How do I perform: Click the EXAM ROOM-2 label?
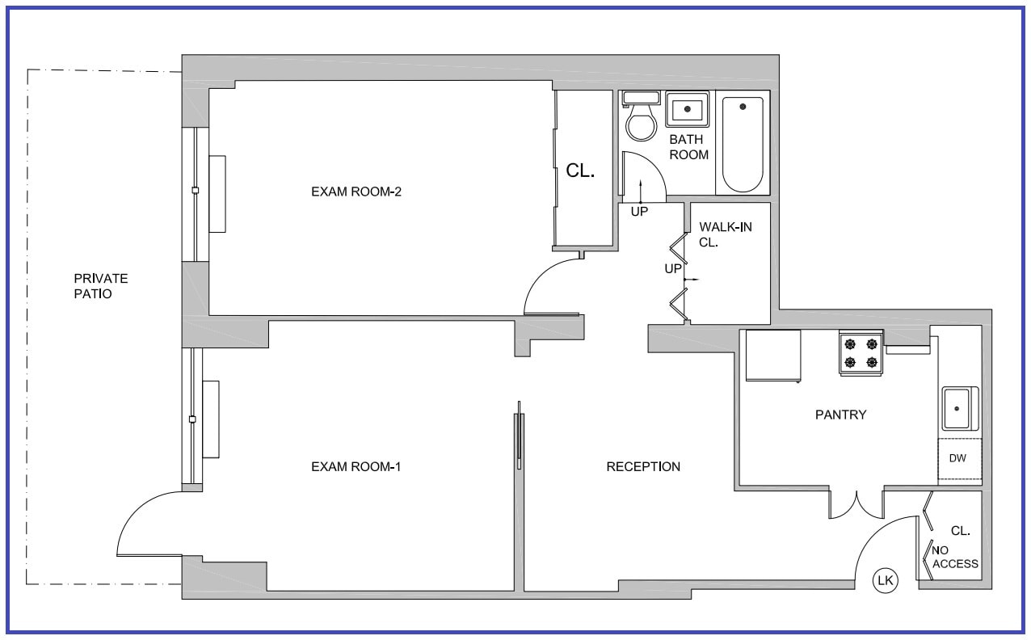pyautogui.click(x=356, y=192)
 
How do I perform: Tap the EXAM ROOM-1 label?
pyautogui.click(x=356, y=466)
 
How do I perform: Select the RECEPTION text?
pyautogui.click(x=643, y=466)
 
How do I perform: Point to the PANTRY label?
pyautogui.click(x=840, y=415)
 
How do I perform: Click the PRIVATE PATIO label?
pyautogui.click(x=100, y=286)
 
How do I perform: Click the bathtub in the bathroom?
pyautogui.click(x=743, y=145)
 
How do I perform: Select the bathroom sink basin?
pyautogui.click(x=687, y=109)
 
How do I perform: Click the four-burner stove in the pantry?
pyautogui.click(x=861, y=353)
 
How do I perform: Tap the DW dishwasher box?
pyautogui.click(x=958, y=459)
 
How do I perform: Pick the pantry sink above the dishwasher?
pyautogui.click(x=959, y=409)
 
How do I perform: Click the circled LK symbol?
pyautogui.click(x=886, y=580)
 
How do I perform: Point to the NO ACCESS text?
pyautogui.click(x=955, y=557)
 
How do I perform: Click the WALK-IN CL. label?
pyautogui.click(x=725, y=234)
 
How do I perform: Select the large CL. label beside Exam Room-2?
pyautogui.click(x=580, y=171)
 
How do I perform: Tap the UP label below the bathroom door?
pyautogui.click(x=640, y=212)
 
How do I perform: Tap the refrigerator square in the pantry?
pyautogui.click(x=773, y=355)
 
